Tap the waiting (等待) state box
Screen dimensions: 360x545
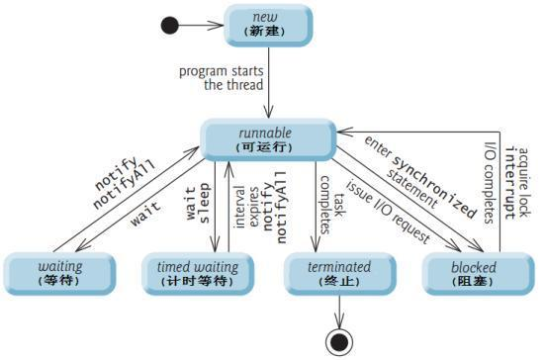(60, 273)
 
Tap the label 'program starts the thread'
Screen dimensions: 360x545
(220, 78)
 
